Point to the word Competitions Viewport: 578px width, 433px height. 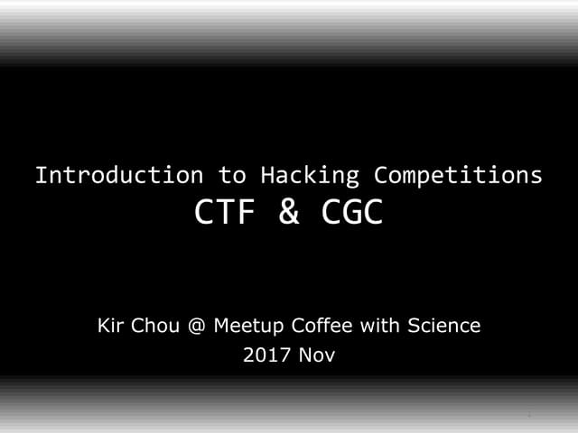coord(459,175)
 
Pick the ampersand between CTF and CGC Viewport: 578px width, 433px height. coord(289,213)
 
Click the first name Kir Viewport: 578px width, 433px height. coord(111,325)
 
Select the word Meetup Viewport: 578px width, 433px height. coord(246,326)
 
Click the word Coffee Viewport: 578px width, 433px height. coord(315,325)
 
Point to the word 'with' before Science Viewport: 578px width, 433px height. coord(371,325)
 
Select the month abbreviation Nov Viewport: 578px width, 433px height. coord(317,355)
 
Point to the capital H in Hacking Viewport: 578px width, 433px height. coord(266,175)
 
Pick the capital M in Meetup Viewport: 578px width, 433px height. coord(220,325)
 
